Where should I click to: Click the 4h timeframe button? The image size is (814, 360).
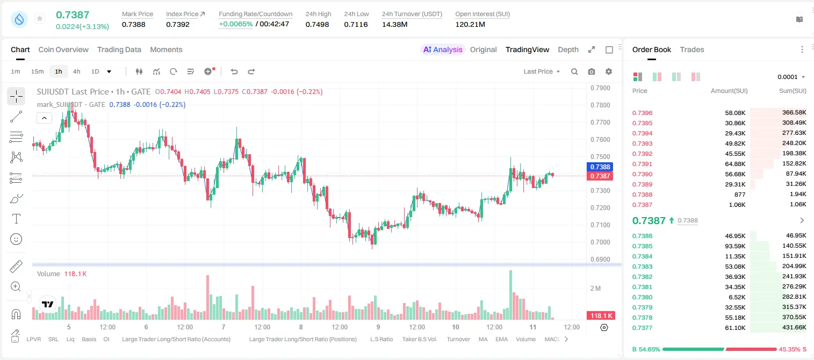click(76, 71)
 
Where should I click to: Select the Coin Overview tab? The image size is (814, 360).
click(63, 49)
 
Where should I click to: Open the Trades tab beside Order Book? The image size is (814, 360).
click(692, 49)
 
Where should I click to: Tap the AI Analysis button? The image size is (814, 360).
click(443, 49)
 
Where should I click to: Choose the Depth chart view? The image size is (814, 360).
click(568, 49)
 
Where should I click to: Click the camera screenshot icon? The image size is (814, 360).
click(592, 71)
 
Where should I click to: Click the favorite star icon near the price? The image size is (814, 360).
click(40, 18)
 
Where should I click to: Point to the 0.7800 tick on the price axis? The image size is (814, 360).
click(600, 105)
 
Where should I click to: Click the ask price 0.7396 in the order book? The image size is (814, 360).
click(642, 113)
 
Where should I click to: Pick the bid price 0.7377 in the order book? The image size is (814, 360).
click(642, 328)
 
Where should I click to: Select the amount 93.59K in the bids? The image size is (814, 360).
click(735, 246)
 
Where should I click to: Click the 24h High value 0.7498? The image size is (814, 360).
click(317, 24)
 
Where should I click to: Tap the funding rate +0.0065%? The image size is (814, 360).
click(235, 24)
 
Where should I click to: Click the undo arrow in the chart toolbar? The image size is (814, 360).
click(234, 71)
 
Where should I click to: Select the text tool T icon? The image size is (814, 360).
click(16, 219)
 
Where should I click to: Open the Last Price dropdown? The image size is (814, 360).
click(542, 71)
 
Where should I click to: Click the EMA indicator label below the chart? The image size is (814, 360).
click(501, 339)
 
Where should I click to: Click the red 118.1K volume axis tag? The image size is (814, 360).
click(600, 316)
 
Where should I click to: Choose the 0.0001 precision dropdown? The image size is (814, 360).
click(791, 77)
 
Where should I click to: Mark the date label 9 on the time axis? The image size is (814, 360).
click(378, 327)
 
